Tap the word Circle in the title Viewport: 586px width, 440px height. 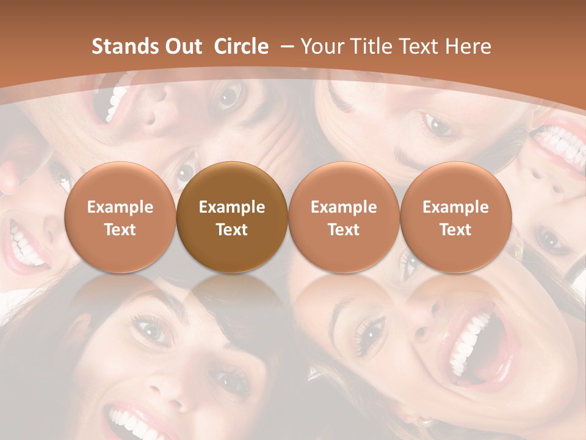[x=241, y=46]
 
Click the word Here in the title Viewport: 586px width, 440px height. [x=468, y=46]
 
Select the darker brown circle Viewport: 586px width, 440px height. [x=232, y=218]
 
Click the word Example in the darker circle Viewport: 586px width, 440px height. [x=232, y=207]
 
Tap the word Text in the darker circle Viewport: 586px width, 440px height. [x=232, y=230]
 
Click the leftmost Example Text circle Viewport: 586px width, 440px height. [x=120, y=218]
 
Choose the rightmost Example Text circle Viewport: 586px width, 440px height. [x=455, y=218]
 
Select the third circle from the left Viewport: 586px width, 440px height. [x=344, y=218]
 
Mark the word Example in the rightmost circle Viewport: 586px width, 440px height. [x=455, y=207]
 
